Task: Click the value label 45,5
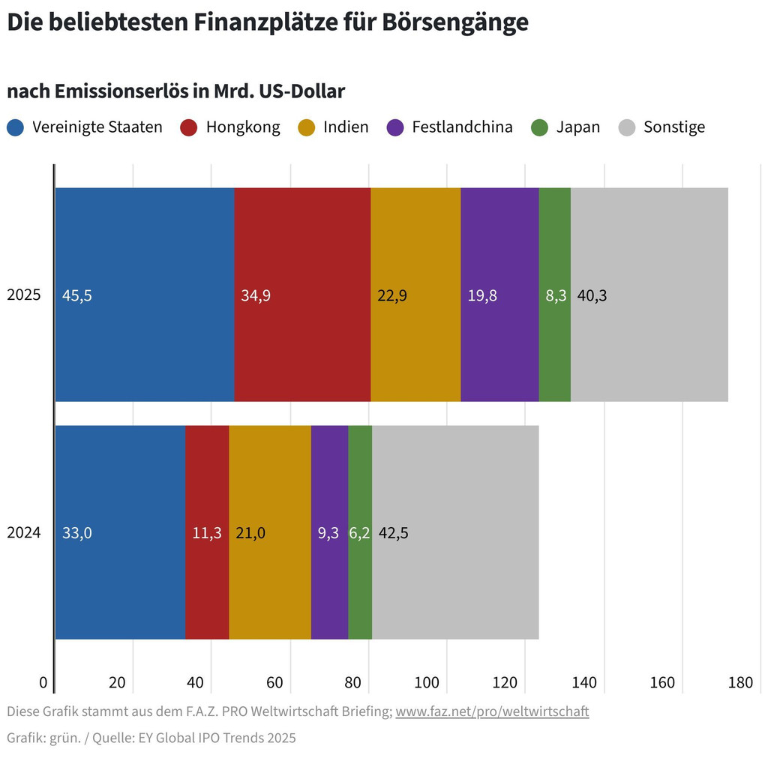(x=77, y=295)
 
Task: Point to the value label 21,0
(x=250, y=534)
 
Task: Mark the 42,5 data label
(x=394, y=534)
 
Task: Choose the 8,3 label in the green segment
(x=555, y=295)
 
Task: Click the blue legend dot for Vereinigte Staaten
(x=16, y=127)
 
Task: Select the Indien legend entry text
(x=346, y=127)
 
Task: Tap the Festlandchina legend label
(x=462, y=127)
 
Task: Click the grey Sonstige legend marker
(x=627, y=127)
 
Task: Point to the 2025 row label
(x=24, y=295)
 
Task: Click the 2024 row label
(x=24, y=534)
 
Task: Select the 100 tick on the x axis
(x=427, y=683)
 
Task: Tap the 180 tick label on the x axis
(x=740, y=683)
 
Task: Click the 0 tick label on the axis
(x=43, y=683)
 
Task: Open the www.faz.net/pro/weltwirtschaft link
(x=492, y=711)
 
